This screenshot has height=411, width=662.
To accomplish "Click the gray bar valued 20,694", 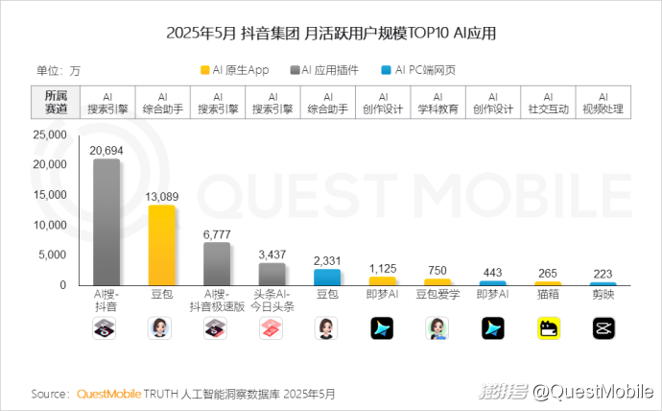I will pos(106,222).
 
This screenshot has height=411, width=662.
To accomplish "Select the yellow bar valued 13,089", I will pos(161,245).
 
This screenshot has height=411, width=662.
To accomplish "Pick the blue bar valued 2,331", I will pos(327,277).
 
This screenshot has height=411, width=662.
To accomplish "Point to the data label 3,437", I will pos(272,254).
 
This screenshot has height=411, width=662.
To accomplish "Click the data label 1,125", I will pos(383,268).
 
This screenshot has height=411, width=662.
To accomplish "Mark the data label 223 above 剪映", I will pos(603,274).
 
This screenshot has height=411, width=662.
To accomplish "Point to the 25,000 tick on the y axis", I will pos(49,135).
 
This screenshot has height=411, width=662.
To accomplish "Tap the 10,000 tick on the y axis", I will pos(49,225).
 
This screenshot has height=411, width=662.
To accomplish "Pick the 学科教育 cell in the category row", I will pos(437,103).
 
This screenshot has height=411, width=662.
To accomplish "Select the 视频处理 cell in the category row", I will pos(603,103).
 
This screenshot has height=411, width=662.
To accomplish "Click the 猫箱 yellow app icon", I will pos(549,328).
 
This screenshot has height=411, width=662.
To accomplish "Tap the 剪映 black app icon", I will pos(603,328).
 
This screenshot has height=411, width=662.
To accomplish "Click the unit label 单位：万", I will pos(59,70).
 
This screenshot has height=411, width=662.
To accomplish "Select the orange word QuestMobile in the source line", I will pos(107,394).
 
